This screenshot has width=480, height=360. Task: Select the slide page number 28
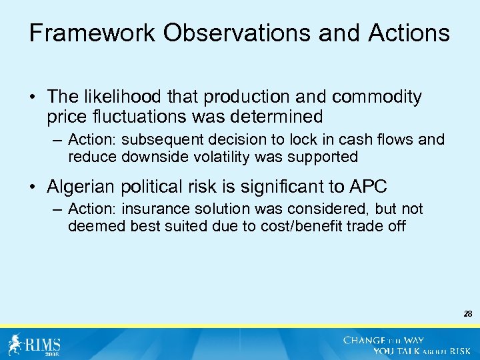coord(467,312)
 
